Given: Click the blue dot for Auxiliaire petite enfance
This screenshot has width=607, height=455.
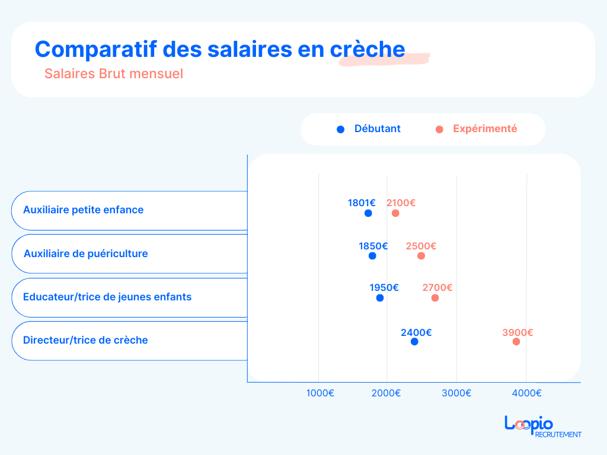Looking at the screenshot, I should pos(368,213).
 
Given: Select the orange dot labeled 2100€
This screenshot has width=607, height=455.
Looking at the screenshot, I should pos(395,213).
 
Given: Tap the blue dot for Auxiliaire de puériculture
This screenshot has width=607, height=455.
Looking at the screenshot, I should pos(372,256).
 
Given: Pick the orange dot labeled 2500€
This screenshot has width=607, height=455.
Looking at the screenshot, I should pos(421,256).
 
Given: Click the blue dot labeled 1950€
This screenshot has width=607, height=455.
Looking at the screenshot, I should pos(380,298).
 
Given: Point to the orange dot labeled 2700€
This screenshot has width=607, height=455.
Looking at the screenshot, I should pos(435,298).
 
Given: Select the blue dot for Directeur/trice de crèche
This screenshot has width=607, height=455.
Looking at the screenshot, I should pos(414,342).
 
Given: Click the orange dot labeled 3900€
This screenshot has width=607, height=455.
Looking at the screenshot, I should pos(516,342).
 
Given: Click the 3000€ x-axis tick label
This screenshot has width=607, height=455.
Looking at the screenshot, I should pos(456,393).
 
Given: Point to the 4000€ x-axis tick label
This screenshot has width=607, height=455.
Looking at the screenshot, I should pos(527,393).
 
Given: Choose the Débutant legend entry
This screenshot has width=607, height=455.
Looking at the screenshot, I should pos(369,129).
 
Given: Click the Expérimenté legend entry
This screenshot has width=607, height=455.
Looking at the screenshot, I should pos(477,129).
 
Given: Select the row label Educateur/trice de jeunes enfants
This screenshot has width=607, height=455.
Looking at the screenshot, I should pos(107,297).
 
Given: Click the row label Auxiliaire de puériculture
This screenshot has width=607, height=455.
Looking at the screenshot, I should pos(86,254).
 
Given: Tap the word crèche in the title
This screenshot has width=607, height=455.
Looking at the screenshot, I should pos(368,49).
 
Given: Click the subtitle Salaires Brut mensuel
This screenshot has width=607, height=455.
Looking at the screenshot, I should pos(114,74).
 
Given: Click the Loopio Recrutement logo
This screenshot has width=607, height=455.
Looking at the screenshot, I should pos(542,427).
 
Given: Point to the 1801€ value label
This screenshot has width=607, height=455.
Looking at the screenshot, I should pos(362,203).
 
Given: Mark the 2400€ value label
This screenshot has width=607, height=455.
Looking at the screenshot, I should pos(416,333).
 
